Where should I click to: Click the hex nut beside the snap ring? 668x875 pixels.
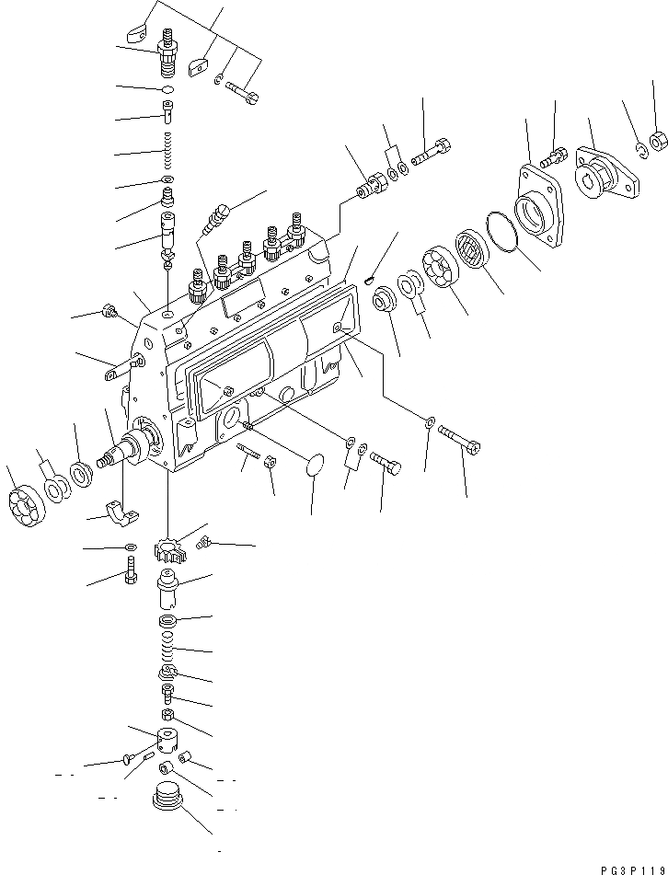[x=658, y=142]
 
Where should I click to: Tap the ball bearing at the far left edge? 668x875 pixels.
[x=19, y=509]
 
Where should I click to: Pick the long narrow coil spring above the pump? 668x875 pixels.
[x=168, y=150]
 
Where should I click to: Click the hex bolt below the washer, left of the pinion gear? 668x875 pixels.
[x=130, y=575]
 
